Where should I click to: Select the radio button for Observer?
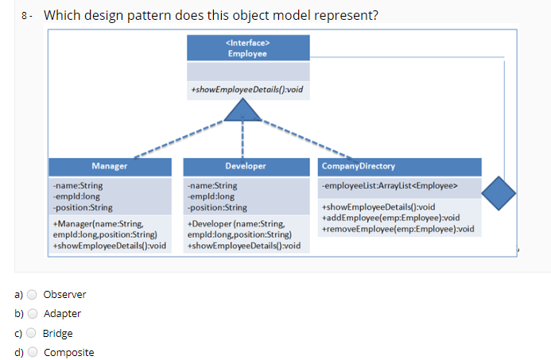click(32, 294)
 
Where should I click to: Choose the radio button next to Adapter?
click(33, 313)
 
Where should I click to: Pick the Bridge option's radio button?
click(31, 333)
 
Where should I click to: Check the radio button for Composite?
click(33, 351)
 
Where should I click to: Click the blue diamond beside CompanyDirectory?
click(499, 193)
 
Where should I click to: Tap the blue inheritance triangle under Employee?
click(243, 110)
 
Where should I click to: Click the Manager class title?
click(109, 166)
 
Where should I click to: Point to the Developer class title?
click(246, 166)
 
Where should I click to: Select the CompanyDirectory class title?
click(359, 166)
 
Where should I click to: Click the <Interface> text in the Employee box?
click(248, 43)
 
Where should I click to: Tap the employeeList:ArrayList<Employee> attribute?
click(390, 185)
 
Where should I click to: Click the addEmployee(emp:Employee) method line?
click(390, 218)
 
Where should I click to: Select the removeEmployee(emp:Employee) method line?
click(398, 229)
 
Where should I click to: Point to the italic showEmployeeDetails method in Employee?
click(247, 90)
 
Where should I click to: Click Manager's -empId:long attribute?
click(76, 196)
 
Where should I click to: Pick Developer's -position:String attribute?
click(217, 207)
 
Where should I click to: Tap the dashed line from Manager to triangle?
click(179, 139)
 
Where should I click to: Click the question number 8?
click(24, 15)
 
